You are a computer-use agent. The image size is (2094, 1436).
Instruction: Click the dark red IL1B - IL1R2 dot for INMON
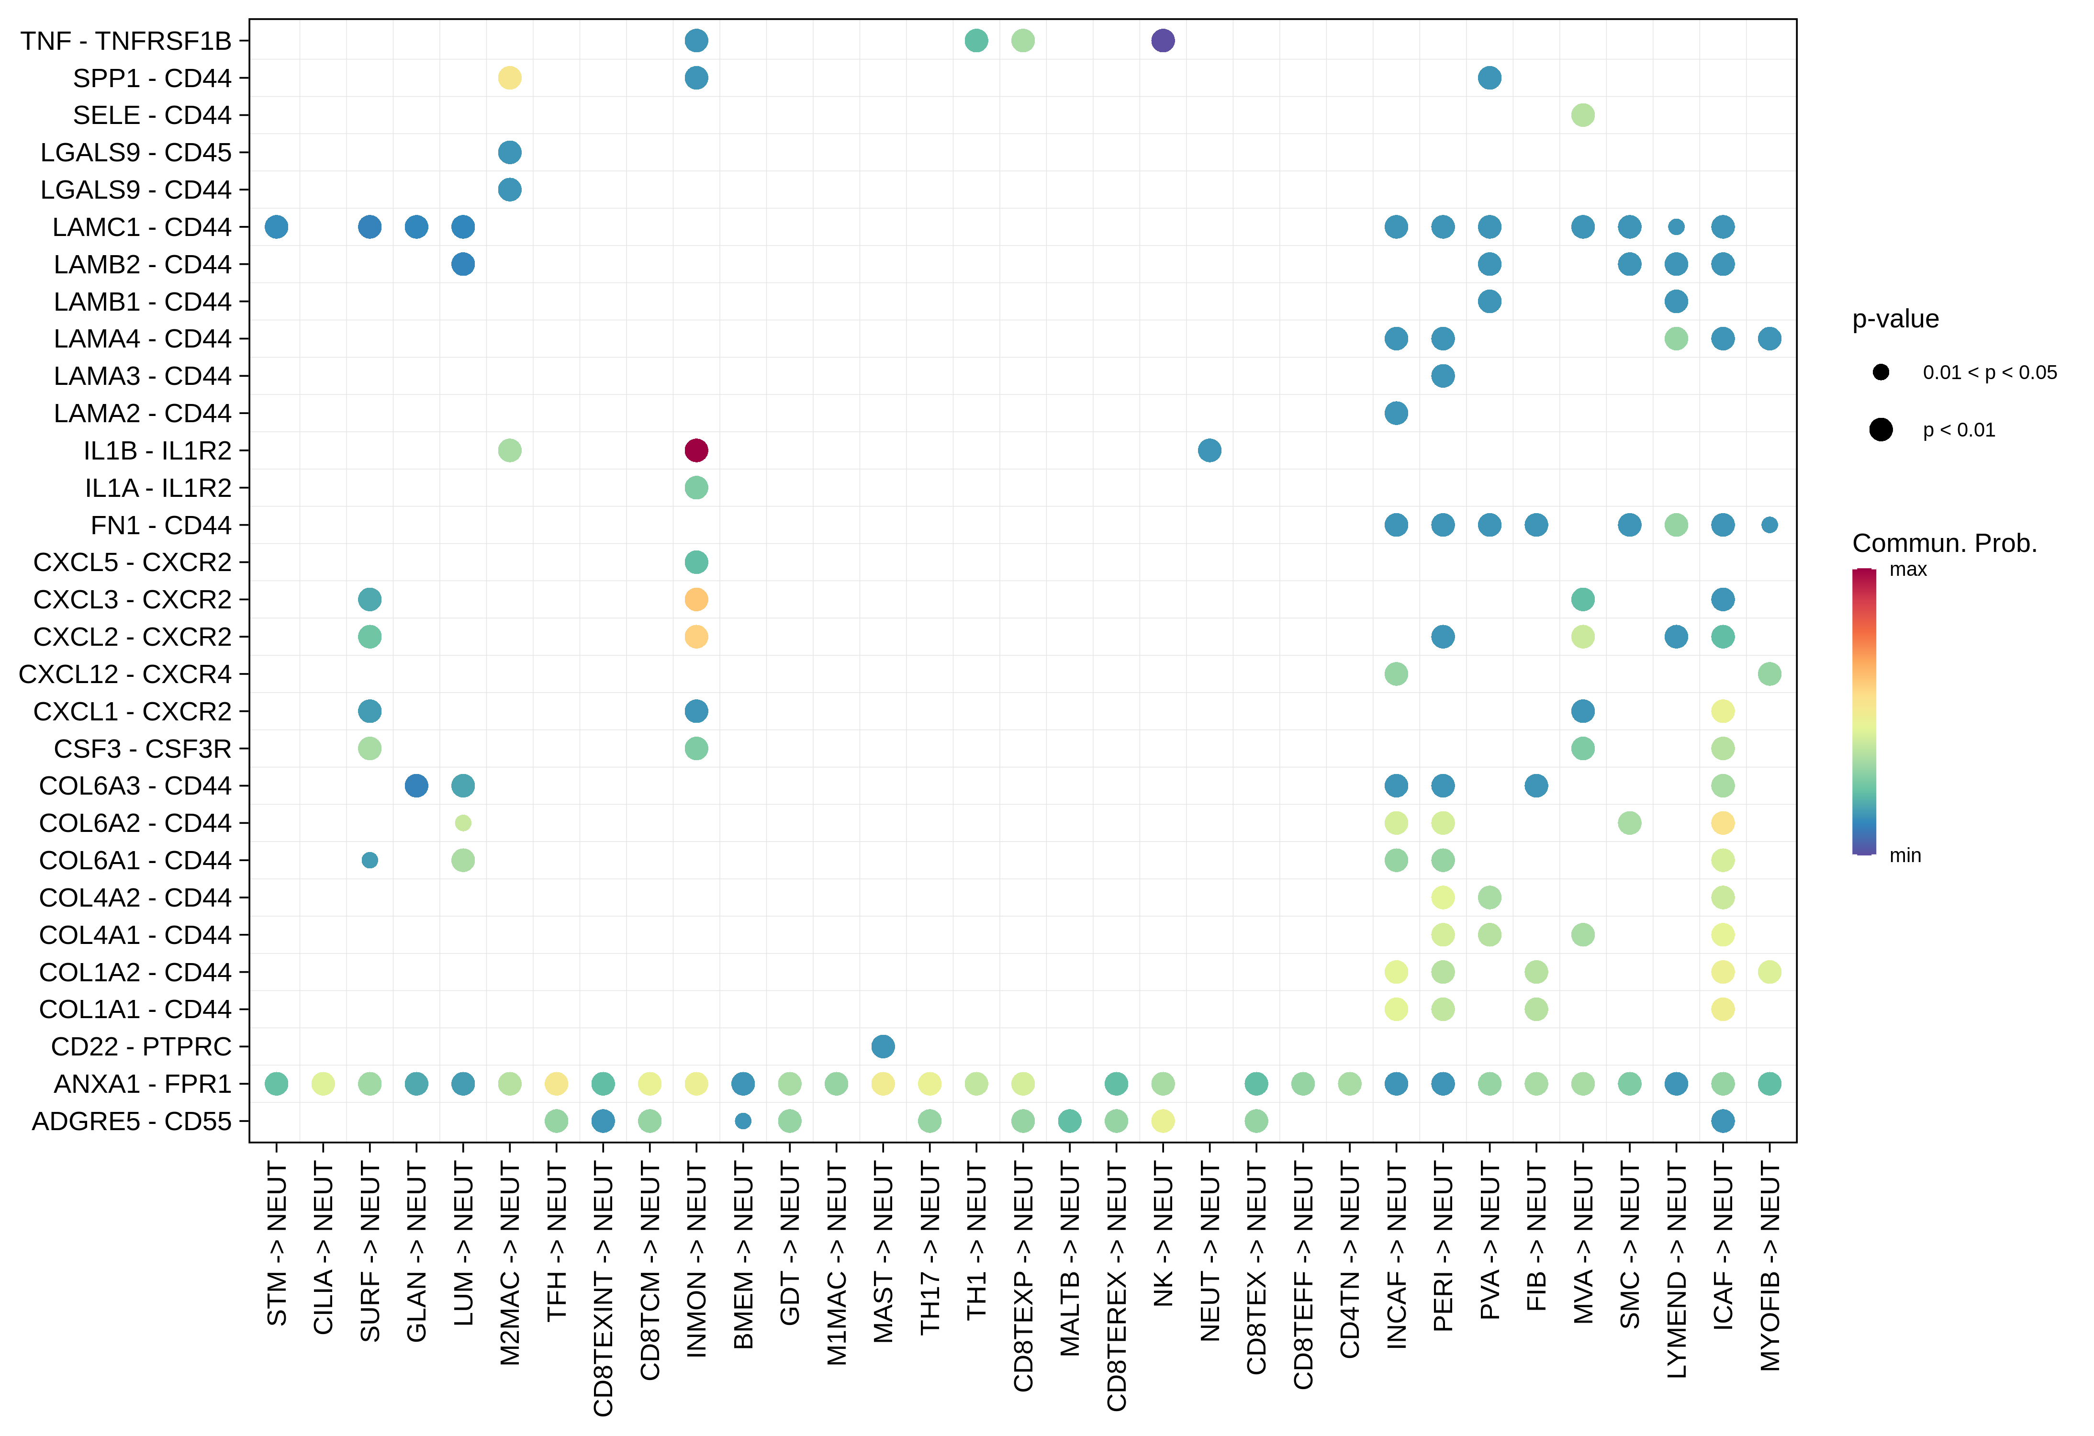tap(695, 450)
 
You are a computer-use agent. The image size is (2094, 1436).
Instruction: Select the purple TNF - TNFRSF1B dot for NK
tap(1162, 41)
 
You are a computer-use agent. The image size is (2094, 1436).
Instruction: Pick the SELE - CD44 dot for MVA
tap(1582, 115)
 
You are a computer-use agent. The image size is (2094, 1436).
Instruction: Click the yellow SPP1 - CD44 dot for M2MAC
tap(509, 79)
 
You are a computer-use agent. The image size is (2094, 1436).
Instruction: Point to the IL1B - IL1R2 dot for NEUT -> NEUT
tap(1209, 450)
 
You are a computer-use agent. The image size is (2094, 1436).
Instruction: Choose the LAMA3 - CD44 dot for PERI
tap(1443, 376)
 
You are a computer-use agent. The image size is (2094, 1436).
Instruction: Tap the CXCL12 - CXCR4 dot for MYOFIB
tap(1769, 674)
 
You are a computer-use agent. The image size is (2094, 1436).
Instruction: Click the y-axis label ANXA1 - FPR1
tap(142, 1084)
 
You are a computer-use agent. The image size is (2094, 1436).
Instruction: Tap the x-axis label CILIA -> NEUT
tap(323, 1248)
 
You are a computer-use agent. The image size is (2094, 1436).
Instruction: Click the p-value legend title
tap(1895, 319)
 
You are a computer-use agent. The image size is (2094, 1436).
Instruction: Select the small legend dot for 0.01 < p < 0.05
tap(1881, 372)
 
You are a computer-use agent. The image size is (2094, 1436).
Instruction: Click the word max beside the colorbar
tap(1907, 569)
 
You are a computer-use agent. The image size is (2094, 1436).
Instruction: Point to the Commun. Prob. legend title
tap(1944, 543)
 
